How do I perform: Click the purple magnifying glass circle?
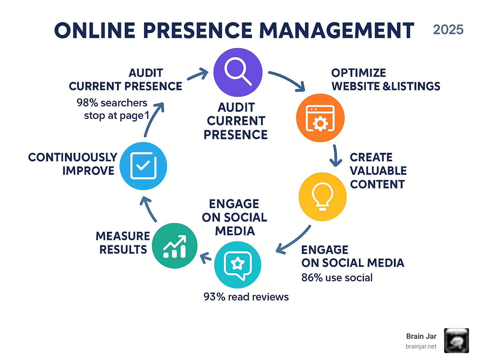(x=238, y=72)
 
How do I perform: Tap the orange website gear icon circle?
(x=320, y=118)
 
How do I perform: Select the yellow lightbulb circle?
(x=322, y=197)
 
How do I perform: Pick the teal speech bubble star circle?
(x=238, y=265)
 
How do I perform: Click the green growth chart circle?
(x=175, y=246)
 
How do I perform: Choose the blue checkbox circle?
(x=143, y=166)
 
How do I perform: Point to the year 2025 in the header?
(x=448, y=30)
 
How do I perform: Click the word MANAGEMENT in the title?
(x=337, y=31)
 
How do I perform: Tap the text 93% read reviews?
(x=246, y=297)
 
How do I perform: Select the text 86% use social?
(x=337, y=278)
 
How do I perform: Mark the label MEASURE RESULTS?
(x=123, y=243)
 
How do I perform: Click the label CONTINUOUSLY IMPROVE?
(x=73, y=164)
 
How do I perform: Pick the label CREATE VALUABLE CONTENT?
(x=378, y=171)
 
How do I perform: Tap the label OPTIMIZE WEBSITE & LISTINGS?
(x=385, y=80)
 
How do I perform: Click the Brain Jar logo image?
(x=456, y=341)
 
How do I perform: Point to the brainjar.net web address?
(x=421, y=346)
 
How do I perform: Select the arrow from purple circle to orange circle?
(x=288, y=80)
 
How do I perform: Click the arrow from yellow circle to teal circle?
(x=293, y=240)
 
